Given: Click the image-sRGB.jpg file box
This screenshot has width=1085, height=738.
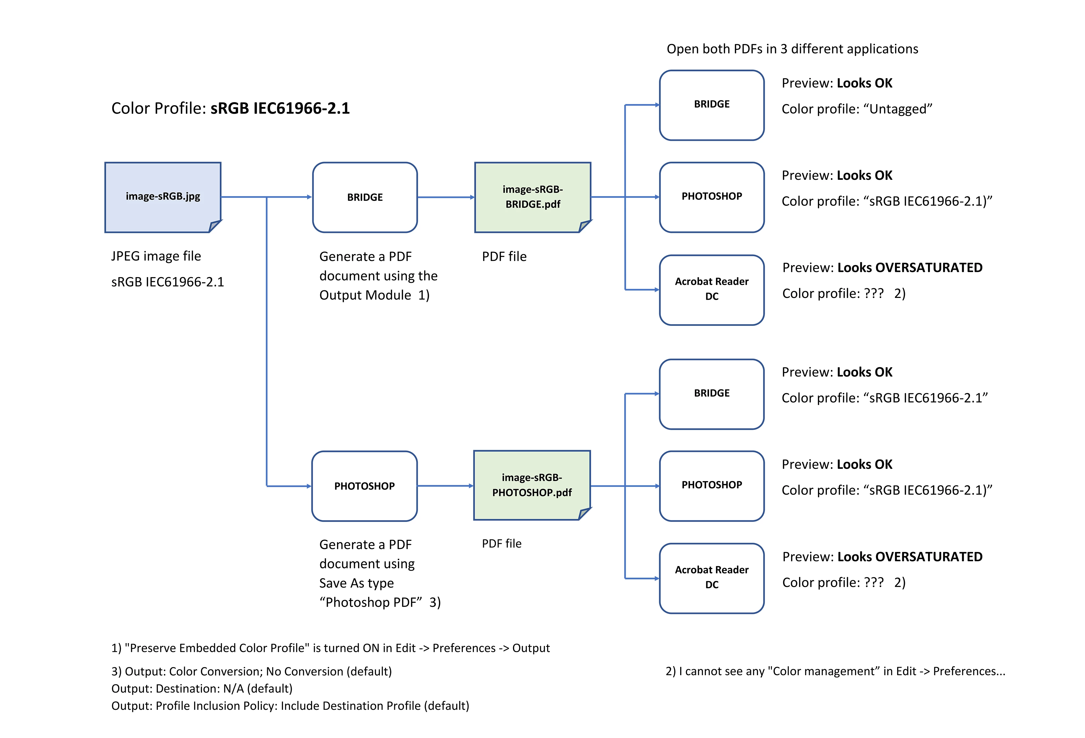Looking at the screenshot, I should coord(162,197).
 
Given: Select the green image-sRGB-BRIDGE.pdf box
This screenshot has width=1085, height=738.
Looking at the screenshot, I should coord(532,197).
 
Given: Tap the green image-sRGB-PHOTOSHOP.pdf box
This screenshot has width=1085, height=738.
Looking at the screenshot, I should coord(532,485).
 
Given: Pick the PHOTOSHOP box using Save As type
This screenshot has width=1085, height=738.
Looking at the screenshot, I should coord(364,486).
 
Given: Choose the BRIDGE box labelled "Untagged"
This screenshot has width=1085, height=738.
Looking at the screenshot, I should coord(711,105).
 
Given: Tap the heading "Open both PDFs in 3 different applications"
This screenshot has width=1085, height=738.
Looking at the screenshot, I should coord(792,49).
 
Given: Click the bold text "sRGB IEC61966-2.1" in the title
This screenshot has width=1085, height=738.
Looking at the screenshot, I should coord(280,108).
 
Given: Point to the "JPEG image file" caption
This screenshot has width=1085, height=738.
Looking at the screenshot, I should coord(156,256).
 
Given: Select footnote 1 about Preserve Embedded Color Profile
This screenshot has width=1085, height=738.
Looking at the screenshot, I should coord(330,648).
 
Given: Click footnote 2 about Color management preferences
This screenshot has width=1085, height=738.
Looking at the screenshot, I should coord(835,671).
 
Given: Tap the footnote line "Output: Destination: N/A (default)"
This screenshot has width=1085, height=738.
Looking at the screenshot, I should coord(202,688).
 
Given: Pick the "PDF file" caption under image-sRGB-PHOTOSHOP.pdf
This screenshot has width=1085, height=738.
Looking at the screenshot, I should coord(501,544).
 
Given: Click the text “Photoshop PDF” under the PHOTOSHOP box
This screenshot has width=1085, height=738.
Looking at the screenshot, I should coord(371,602).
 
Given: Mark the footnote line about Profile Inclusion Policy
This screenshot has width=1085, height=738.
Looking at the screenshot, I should coord(290,706).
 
